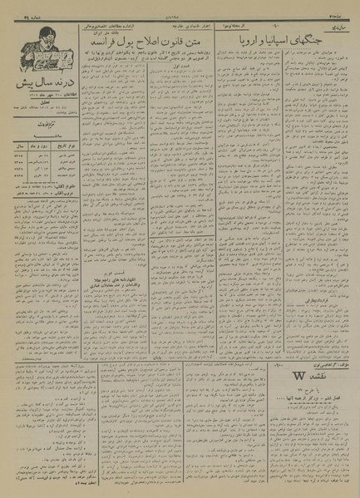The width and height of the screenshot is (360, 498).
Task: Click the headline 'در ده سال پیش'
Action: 37,86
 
